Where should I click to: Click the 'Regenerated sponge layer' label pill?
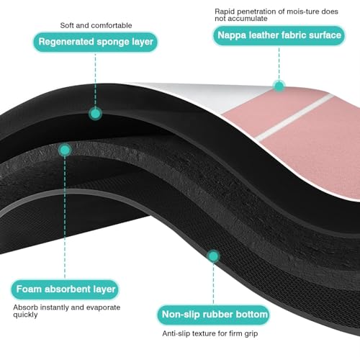[96, 42]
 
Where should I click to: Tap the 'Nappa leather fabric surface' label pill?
[279, 35]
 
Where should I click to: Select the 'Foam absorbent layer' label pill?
[65, 289]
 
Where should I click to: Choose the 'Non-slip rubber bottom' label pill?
[213, 315]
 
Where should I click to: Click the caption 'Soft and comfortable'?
[96, 25]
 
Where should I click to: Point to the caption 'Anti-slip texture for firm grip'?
[210, 333]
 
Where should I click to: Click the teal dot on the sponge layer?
[95, 114]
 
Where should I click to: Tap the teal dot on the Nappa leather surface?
[279, 86]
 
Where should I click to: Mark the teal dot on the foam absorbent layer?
[65, 150]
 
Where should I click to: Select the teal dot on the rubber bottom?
[213, 256]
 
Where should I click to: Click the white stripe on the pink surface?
[294, 118]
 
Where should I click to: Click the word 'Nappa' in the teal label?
[232, 35]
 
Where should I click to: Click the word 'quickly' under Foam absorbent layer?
[25, 315]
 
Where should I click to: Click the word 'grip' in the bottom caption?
[251, 334]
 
